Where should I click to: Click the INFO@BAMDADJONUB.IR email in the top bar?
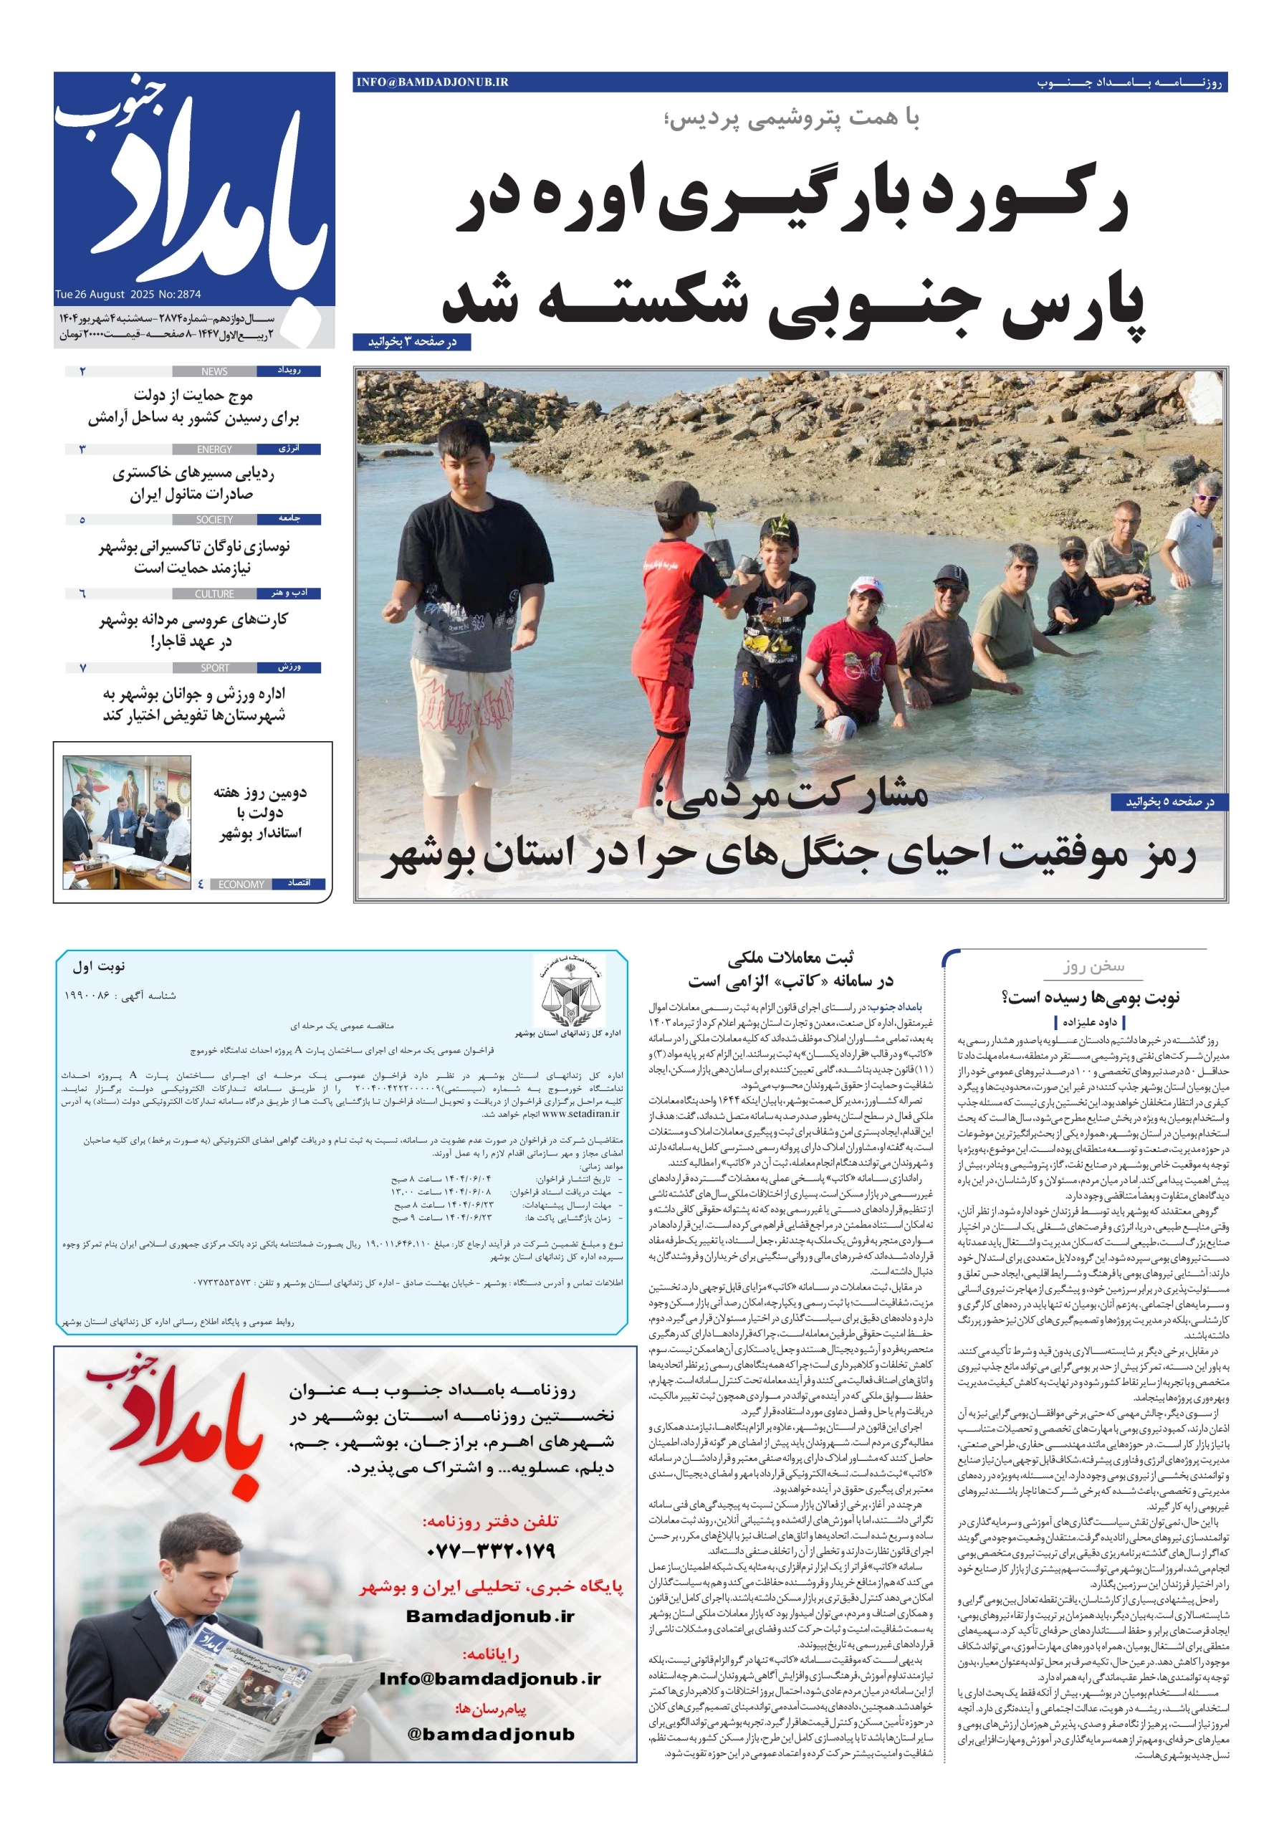(432, 82)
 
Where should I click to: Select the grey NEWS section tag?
(214, 371)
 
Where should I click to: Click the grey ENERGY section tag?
(214, 450)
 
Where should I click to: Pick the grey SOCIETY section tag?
(214, 520)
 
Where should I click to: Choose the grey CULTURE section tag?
(214, 594)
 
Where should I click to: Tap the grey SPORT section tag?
(214, 668)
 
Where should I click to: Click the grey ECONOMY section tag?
(241, 885)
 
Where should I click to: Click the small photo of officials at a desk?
(127, 822)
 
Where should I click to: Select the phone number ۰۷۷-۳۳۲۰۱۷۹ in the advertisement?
(491, 1551)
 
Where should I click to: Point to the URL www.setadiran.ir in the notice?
(580, 1113)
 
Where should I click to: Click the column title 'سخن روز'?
(1093, 966)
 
